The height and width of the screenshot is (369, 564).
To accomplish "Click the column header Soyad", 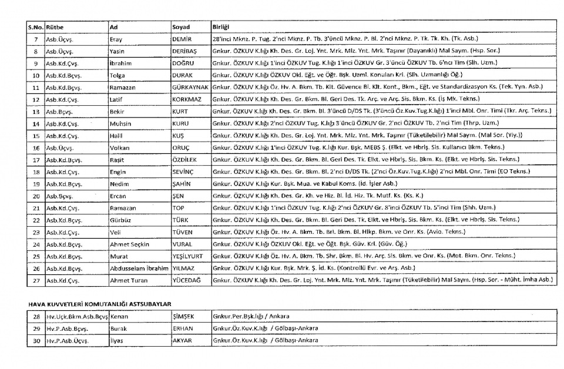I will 181,27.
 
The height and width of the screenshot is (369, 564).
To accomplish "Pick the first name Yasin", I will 117,51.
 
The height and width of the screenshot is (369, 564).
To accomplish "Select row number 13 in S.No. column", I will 35,111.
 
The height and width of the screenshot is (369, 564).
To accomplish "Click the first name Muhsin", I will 120,124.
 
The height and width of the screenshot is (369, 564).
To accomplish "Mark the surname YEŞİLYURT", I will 189,256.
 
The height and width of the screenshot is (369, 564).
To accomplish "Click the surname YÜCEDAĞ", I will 186,280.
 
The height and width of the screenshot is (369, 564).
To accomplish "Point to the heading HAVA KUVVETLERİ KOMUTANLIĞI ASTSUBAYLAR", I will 99,303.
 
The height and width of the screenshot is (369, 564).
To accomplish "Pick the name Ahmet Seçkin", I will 129,244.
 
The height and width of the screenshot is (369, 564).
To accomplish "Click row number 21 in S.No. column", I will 35,208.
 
